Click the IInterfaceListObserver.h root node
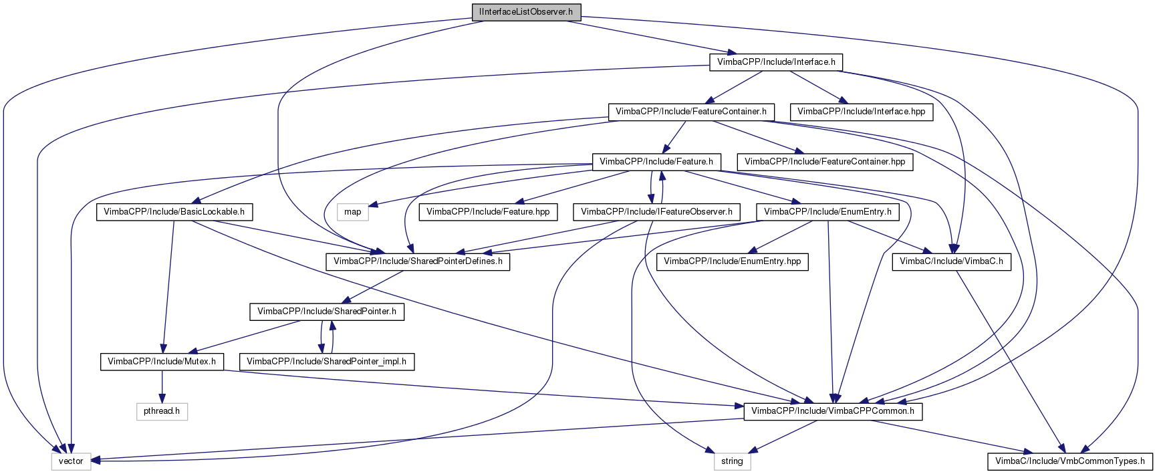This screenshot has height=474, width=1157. (525, 12)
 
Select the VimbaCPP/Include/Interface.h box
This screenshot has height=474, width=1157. (776, 62)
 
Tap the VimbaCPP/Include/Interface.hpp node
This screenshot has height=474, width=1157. (861, 112)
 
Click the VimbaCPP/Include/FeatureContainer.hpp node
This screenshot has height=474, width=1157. (825, 162)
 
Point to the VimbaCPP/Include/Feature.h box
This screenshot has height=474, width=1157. (656, 162)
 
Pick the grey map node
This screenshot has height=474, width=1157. (353, 212)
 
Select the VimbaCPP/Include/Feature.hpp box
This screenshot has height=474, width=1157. (488, 212)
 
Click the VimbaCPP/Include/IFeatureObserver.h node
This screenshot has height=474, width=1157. (656, 212)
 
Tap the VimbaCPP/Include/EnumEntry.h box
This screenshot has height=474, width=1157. (827, 212)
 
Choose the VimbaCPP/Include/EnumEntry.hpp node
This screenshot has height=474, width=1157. (733, 261)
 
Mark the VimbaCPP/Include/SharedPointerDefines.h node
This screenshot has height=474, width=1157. (418, 261)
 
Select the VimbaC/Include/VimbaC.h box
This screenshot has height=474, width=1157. (951, 261)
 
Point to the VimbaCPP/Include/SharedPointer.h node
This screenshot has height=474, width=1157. (327, 312)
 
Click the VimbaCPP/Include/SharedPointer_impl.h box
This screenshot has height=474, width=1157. (327, 362)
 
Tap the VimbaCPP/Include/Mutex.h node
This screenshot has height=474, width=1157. (162, 362)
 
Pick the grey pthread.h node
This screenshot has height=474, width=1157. (162, 411)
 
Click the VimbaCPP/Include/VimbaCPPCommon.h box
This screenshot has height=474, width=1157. (833, 411)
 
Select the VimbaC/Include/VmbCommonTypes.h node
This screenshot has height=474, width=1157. (1070, 461)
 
